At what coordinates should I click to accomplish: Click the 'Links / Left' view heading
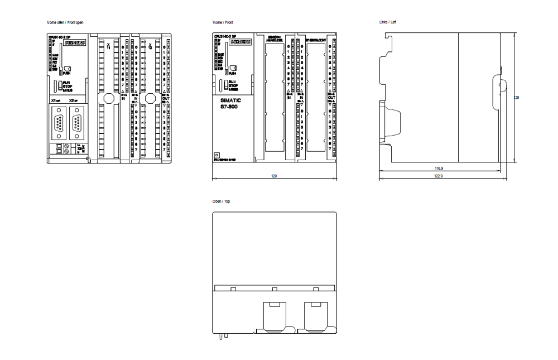[x=387, y=22]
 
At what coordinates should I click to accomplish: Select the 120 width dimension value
[x=274, y=175]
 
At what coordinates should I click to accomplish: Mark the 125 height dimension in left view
[x=517, y=97]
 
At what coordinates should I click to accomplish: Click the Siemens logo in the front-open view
[x=74, y=42]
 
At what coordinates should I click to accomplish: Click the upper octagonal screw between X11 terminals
[x=108, y=98]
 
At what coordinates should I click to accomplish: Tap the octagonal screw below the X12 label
[x=150, y=98]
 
